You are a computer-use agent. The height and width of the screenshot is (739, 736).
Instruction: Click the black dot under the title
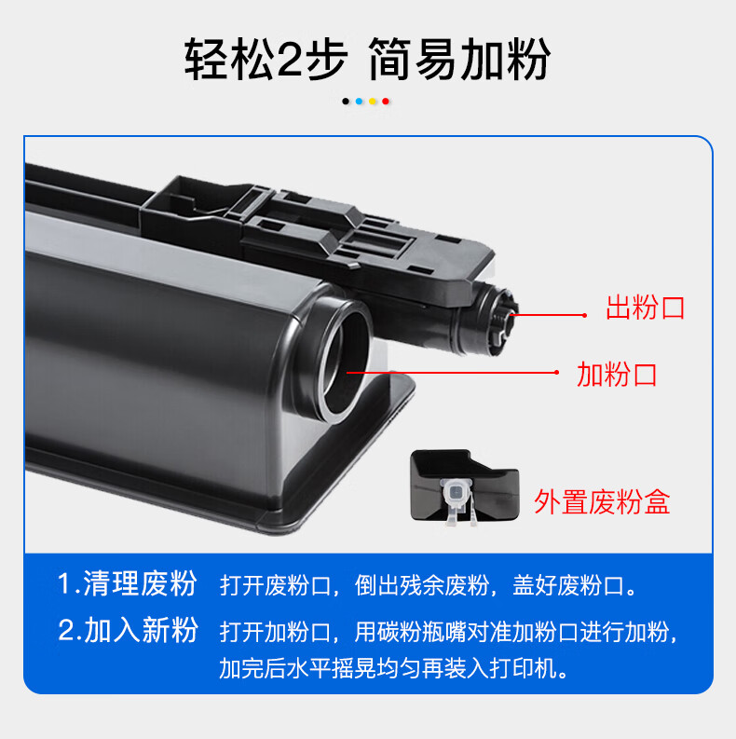click(x=346, y=102)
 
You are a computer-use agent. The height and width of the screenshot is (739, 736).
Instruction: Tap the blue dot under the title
click(x=359, y=102)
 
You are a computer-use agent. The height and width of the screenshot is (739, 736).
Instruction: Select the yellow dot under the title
click(x=373, y=102)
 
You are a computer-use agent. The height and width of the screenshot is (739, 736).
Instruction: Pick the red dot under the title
click(x=386, y=102)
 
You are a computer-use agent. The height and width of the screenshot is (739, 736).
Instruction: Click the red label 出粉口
click(x=645, y=308)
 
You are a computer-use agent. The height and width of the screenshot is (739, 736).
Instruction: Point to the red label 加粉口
click(x=617, y=375)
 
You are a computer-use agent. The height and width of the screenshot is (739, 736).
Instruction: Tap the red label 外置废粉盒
click(x=602, y=502)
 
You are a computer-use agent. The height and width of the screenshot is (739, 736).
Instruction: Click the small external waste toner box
click(x=464, y=486)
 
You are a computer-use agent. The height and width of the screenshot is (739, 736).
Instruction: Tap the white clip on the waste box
click(x=457, y=500)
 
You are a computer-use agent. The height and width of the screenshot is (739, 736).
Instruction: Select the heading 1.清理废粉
click(x=127, y=583)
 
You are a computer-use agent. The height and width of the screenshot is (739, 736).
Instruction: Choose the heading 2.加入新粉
click(x=128, y=630)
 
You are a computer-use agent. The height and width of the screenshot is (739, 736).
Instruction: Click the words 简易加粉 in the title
click(x=458, y=60)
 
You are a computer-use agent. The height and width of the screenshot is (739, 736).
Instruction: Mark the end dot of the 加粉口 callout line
click(x=556, y=373)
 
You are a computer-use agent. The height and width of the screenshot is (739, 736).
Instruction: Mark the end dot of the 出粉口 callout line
click(x=584, y=315)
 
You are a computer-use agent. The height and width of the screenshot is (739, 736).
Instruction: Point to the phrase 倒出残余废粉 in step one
click(x=422, y=585)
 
